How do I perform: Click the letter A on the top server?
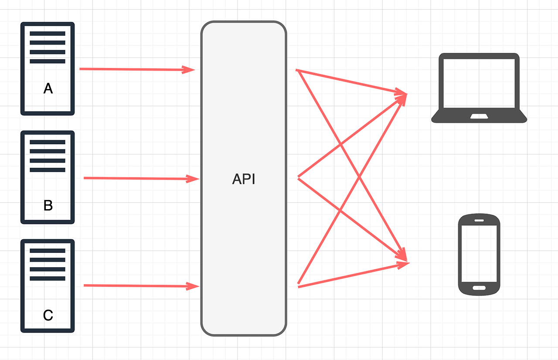[48, 89]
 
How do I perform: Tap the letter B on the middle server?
[48, 205]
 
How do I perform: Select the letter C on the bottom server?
[48, 315]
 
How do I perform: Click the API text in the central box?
[244, 179]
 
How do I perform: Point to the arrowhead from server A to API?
[189, 69]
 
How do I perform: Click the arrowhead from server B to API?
[193, 178]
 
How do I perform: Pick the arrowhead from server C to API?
[193, 286]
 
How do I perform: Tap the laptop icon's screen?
[479, 83]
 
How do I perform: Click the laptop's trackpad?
[479, 116]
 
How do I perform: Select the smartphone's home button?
[479, 288]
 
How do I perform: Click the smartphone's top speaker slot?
[479, 220]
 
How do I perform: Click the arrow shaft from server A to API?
[131, 69]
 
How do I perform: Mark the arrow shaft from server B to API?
[135, 178]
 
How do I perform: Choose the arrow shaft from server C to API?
[135, 285]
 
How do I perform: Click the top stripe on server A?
[48, 34]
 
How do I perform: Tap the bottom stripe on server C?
[48, 278]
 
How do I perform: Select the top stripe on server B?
[48, 142]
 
